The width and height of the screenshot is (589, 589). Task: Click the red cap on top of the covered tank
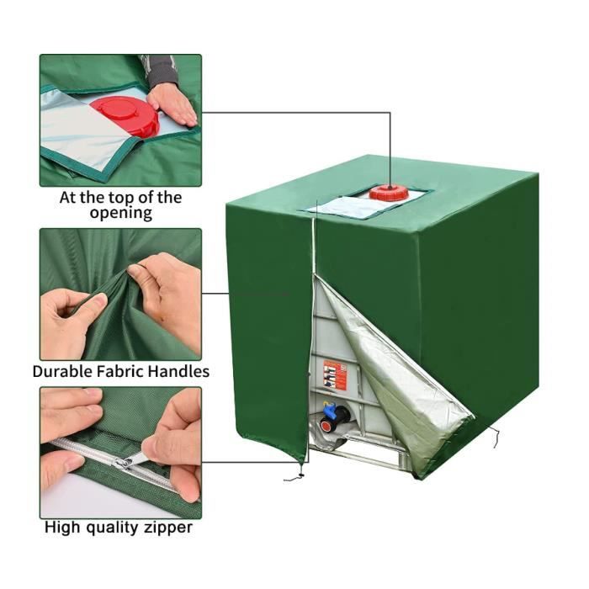389,192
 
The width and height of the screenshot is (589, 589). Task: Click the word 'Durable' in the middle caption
62,372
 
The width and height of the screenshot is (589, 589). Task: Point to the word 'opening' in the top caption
121,214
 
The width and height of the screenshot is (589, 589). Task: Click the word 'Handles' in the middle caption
178,372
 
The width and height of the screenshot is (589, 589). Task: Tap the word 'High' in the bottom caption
62,527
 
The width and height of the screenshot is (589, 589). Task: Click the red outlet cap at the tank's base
327,425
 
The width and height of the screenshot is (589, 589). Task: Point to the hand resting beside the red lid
172,105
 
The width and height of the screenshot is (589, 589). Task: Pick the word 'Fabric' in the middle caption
119,372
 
